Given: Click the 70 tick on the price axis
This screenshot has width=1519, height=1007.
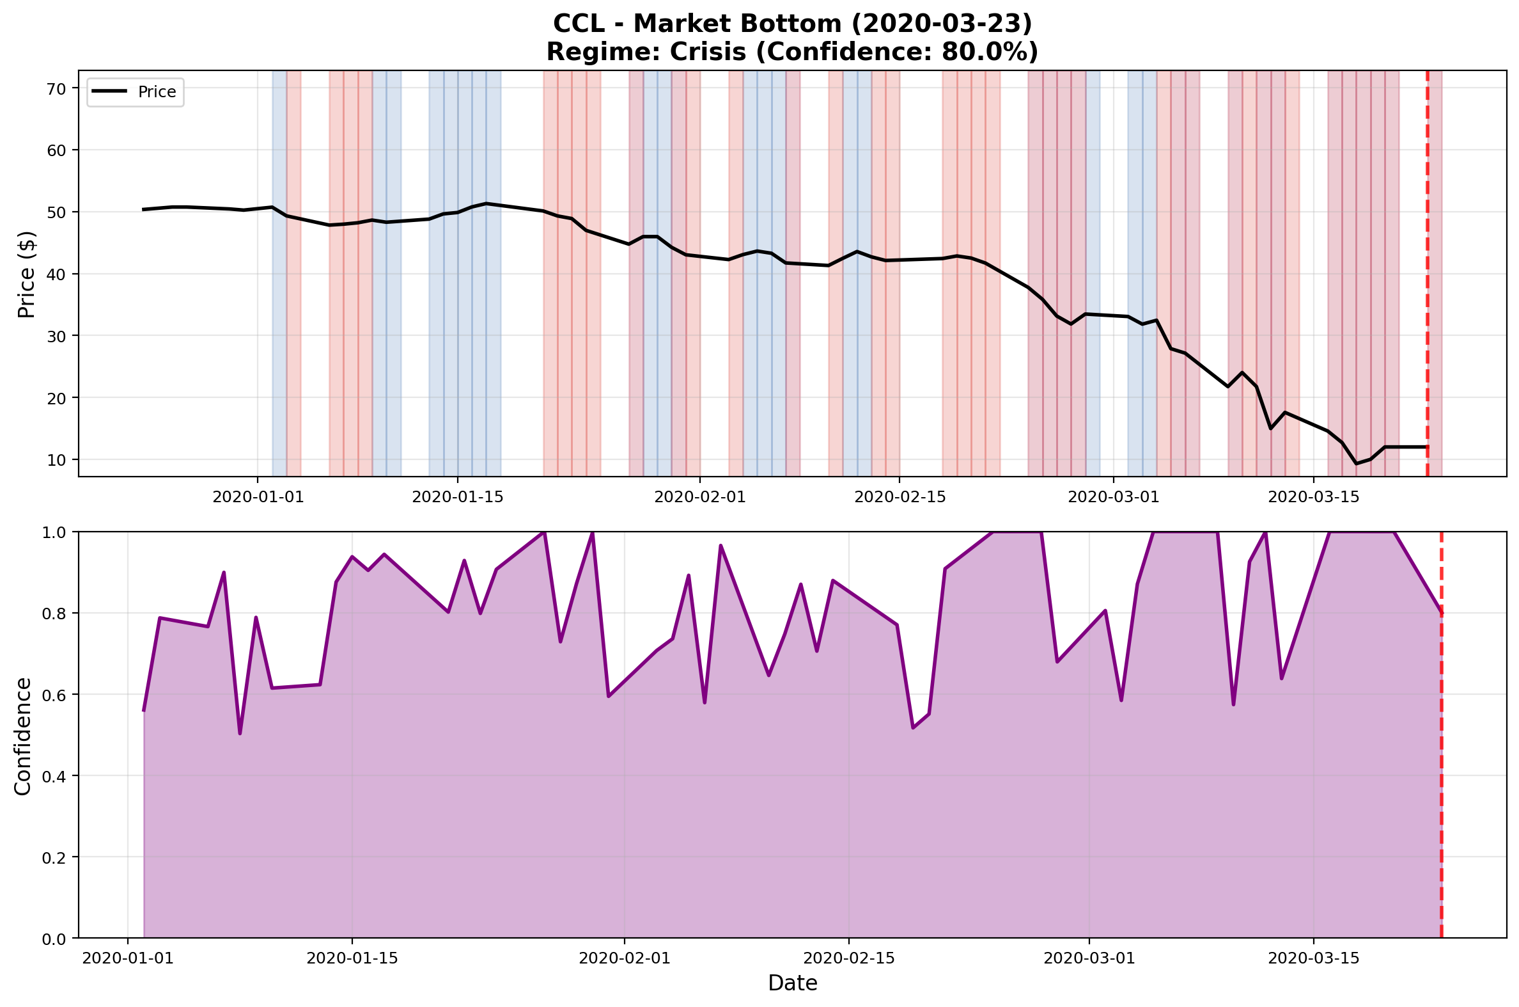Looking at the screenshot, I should point(57,89).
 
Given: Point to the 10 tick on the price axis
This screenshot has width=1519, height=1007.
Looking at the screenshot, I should point(57,460).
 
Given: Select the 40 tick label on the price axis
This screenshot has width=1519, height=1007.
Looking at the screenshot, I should point(57,274).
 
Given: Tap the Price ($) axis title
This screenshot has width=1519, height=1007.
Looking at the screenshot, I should point(26,274).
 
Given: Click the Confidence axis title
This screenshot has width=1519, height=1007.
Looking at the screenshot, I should point(23,736).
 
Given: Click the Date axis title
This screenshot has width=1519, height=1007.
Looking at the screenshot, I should point(793,983).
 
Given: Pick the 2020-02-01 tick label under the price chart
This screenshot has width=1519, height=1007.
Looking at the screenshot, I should point(700,496).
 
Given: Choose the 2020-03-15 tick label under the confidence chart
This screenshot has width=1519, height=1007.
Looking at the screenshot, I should point(1314,959).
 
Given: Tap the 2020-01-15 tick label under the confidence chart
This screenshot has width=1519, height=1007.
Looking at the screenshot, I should point(352,959).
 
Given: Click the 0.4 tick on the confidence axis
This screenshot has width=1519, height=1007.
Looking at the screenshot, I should point(54,776).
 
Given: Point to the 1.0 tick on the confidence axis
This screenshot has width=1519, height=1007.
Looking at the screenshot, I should point(54,532).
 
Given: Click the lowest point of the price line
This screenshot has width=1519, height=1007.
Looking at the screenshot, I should point(1356,464).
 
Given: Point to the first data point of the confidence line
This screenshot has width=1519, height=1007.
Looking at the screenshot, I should point(144,710).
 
